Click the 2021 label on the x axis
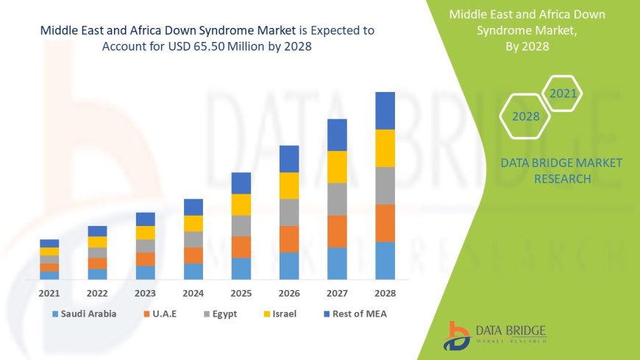[x=49, y=292]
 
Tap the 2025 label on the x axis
[x=241, y=292]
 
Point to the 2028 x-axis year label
[x=385, y=292]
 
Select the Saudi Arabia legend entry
[x=84, y=314]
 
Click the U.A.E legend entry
[x=164, y=314]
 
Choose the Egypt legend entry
[x=224, y=314]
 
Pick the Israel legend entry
[x=283, y=314]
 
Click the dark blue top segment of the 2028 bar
[x=385, y=110]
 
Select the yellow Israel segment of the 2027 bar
[x=337, y=166]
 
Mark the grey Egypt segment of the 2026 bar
[x=289, y=212]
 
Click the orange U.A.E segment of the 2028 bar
[x=385, y=223]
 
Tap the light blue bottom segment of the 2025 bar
[x=241, y=268]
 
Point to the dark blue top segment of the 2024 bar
[x=193, y=207]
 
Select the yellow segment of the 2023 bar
[x=146, y=233]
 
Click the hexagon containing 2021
[x=563, y=93]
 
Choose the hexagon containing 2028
[x=525, y=116]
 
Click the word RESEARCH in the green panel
[x=561, y=179]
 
